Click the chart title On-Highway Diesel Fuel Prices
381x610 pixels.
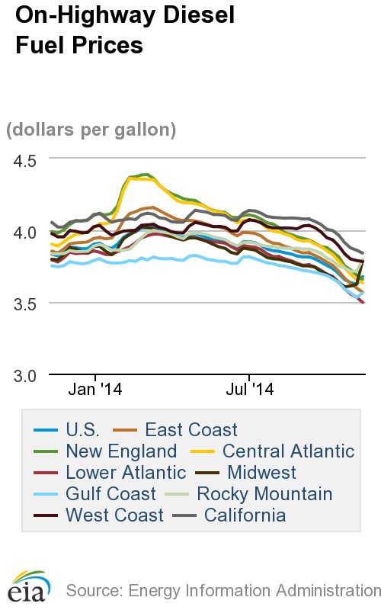click(80, 30)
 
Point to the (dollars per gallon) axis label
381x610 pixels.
click(91, 130)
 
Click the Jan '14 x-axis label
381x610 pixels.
click(96, 390)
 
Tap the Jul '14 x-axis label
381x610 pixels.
click(251, 390)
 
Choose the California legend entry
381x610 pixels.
click(244, 515)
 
